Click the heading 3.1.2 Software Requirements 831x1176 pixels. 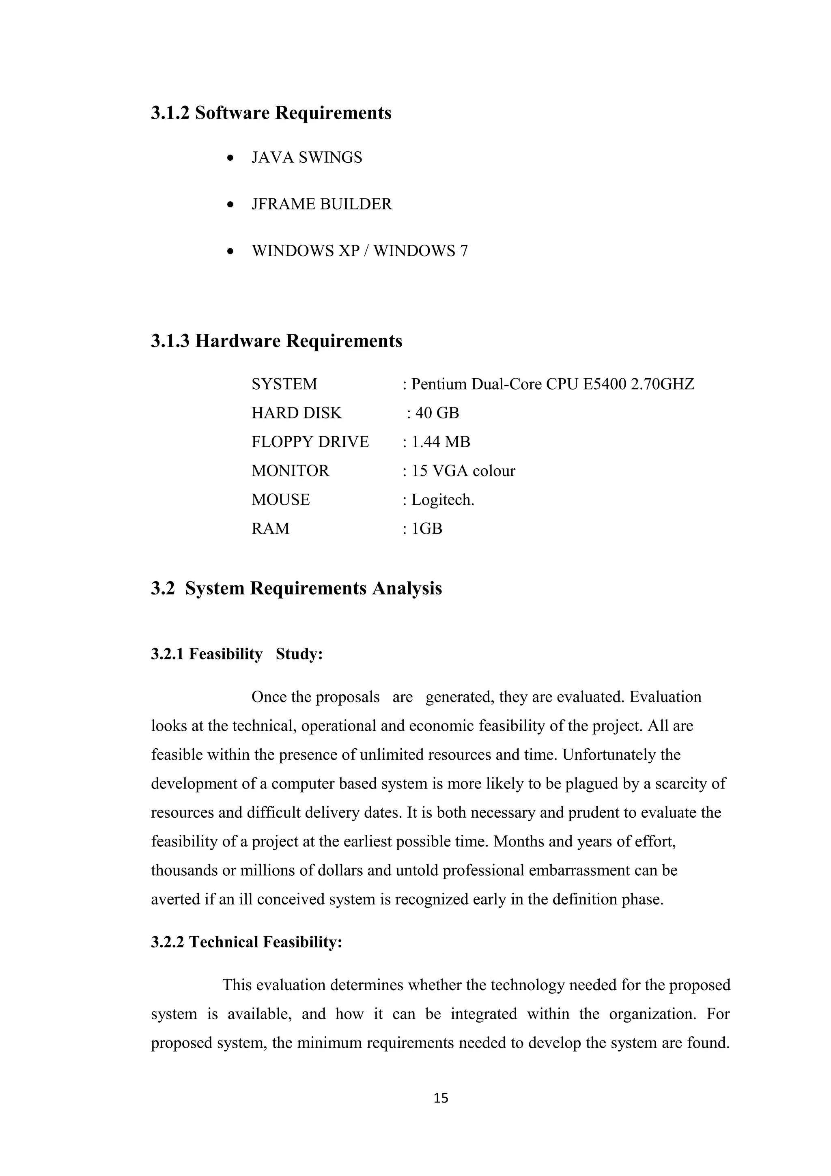271,113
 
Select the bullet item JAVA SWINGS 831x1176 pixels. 306,158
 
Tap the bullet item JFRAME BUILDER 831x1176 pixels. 321,205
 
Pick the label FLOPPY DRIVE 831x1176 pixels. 310,442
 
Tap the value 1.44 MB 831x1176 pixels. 440,442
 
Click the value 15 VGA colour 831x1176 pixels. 463,471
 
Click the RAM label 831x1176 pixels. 270,529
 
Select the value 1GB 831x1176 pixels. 426,529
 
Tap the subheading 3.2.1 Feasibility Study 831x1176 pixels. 237,654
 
